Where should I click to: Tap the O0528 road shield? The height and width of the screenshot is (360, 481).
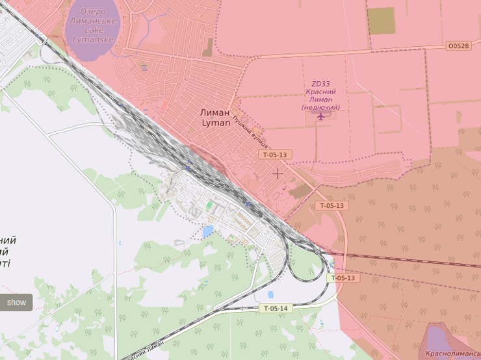(458, 46)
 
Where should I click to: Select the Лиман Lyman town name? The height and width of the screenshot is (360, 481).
(215, 117)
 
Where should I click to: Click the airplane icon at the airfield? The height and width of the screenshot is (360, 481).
(320, 116)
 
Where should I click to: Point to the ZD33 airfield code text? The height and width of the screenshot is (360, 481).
(320, 84)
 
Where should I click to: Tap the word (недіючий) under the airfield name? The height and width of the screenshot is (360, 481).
(320, 107)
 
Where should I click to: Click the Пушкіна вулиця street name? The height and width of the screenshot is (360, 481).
(251, 133)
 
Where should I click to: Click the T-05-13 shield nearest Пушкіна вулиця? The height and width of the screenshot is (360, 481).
(275, 155)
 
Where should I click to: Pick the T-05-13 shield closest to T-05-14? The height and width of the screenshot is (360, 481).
(343, 278)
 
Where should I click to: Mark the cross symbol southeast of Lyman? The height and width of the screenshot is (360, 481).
(278, 174)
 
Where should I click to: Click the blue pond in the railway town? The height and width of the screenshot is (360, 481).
(208, 231)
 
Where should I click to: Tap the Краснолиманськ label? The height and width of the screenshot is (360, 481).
(452, 355)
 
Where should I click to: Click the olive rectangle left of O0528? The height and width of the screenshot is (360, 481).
(381, 21)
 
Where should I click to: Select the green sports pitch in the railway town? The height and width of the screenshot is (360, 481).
(209, 206)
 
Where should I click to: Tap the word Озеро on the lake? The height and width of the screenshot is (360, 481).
(93, 12)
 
